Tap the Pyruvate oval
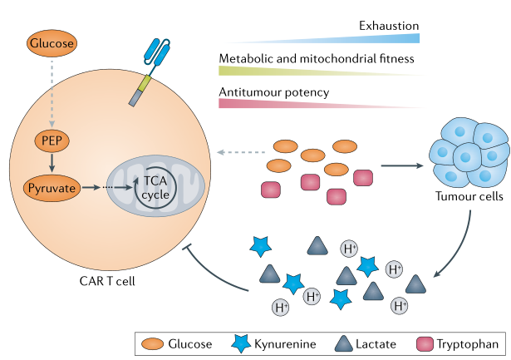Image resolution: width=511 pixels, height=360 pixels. coord(51,189)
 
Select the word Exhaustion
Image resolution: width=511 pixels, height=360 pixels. coord(389,26)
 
